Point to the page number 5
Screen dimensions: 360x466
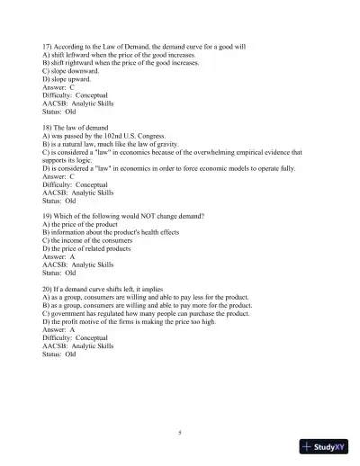(x=180, y=433)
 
